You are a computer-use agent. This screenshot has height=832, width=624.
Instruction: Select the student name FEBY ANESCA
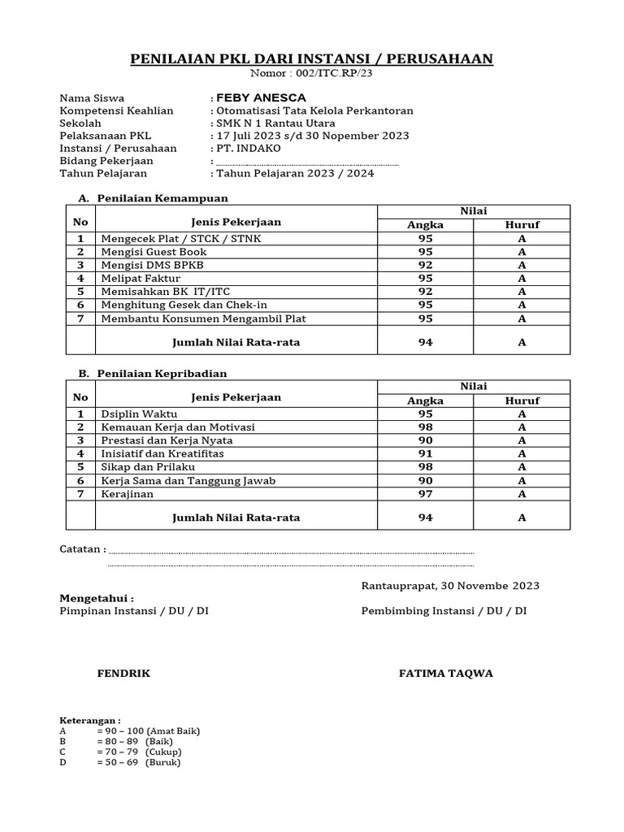pyautogui.click(x=260, y=97)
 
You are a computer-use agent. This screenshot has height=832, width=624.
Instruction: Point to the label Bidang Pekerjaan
pyautogui.click(x=106, y=161)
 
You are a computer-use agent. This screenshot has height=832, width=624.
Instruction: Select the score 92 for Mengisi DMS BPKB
pyautogui.click(x=425, y=265)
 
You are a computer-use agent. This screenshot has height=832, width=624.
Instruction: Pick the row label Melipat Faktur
pyautogui.click(x=141, y=278)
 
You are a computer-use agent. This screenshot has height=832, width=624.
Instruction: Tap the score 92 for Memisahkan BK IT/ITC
pyautogui.click(x=425, y=291)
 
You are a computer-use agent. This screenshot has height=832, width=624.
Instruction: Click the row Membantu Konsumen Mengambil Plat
pyautogui.click(x=203, y=318)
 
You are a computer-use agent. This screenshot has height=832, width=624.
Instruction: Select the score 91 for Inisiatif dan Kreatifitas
pyautogui.click(x=425, y=453)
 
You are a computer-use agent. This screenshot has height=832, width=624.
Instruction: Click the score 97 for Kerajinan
pyautogui.click(x=425, y=493)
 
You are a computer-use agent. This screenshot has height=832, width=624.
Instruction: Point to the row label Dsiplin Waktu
pyautogui.click(x=139, y=414)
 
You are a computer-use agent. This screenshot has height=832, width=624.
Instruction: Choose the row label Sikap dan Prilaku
pyautogui.click(x=148, y=467)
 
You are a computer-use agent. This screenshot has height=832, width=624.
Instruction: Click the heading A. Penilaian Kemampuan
pyautogui.click(x=153, y=197)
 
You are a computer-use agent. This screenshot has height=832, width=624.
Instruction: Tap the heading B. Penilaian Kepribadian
pyautogui.click(x=153, y=373)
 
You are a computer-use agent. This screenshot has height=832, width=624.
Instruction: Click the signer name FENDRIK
pyautogui.click(x=123, y=674)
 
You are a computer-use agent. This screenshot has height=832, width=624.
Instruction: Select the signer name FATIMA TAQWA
pyautogui.click(x=446, y=674)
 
